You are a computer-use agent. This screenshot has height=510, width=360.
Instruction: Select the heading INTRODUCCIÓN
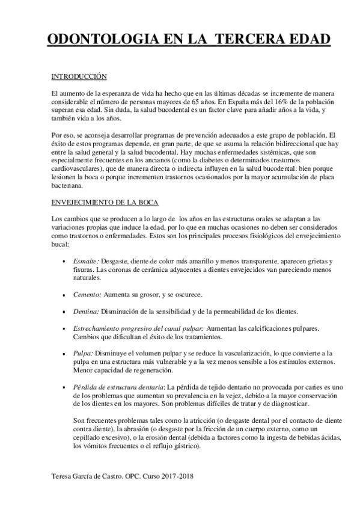click(78, 76)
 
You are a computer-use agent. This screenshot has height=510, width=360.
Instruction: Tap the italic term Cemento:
click(87, 295)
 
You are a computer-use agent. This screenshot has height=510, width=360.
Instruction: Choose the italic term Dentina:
click(86, 312)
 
